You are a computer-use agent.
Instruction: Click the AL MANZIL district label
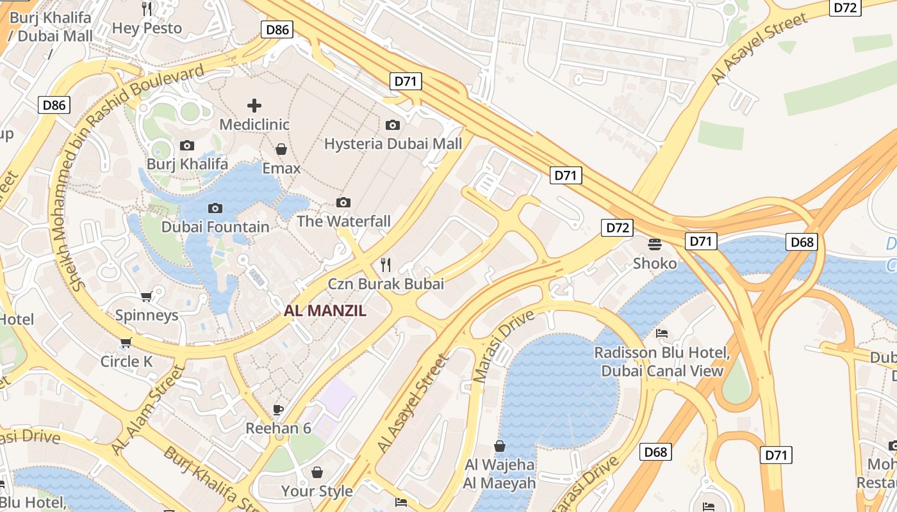(x=325, y=311)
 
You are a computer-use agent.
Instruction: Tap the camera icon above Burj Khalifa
(x=187, y=146)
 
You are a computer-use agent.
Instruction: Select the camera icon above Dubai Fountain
(x=215, y=208)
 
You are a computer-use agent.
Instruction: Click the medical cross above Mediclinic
(x=254, y=105)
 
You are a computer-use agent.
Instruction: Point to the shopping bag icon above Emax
(x=281, y=150)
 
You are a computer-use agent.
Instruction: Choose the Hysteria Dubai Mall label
(x=393, y=143)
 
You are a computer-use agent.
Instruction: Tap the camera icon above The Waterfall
(x=343, y=203)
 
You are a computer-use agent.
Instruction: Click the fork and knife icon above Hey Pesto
(x=147, y=9)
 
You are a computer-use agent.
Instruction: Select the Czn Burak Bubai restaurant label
(x=386, y=284)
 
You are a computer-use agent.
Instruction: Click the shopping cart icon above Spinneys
(x=147, y=296)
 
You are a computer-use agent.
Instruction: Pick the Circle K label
(x=126, y=362)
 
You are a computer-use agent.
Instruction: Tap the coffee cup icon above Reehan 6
(x=277, y=410)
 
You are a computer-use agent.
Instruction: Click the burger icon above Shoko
(x=654, y=244)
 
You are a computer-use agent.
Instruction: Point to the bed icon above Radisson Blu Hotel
(x=662, y=333)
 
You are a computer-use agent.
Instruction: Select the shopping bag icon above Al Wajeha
(x=500, y=445)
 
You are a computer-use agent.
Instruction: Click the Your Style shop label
(x=317, y=491)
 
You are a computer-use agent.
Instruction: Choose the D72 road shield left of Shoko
(x=617, y=227)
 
